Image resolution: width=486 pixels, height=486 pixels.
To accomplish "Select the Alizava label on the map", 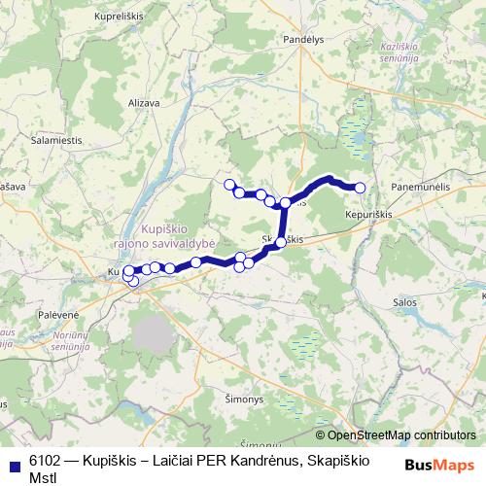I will (x=144, y=101).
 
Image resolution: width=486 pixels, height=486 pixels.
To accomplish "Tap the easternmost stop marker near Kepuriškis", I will (x=360, y=188).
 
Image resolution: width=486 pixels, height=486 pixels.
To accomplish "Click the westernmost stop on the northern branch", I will (x=230, y=184).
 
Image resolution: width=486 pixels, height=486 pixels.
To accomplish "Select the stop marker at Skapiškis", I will (x=282, y=242).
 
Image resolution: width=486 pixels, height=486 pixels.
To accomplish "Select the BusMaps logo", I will (x=439, y=466).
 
